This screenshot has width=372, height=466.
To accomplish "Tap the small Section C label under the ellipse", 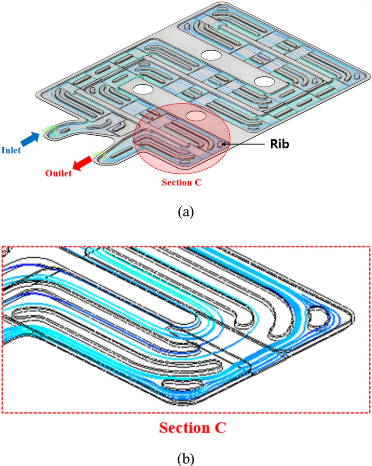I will [181, 182].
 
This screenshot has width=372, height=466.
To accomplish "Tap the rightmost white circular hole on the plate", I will [265, 81].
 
